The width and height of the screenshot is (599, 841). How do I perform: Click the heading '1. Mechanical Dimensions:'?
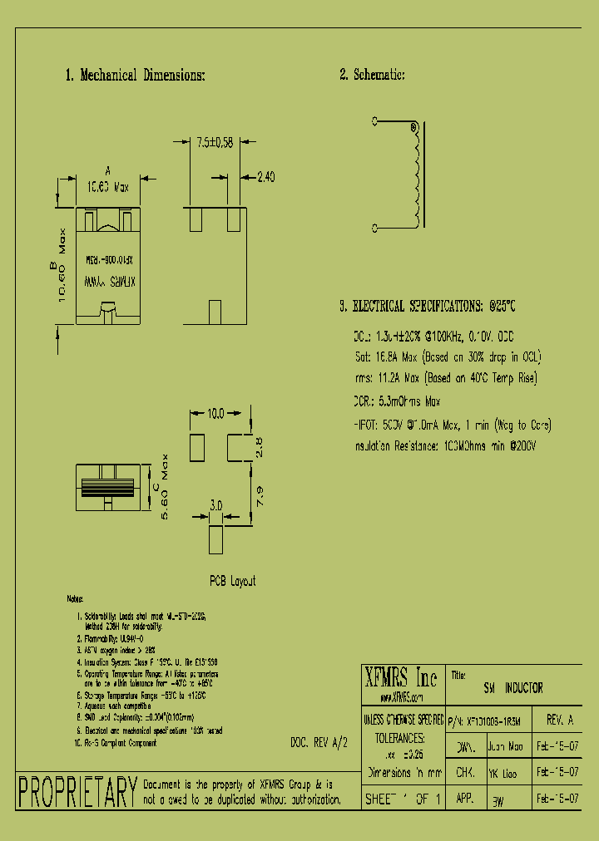point(135,76)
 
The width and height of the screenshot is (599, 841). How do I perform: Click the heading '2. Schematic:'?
point(372,76)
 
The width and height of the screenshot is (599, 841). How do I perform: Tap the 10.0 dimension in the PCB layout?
point(216,413)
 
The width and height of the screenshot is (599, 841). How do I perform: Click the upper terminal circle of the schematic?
point(374,121)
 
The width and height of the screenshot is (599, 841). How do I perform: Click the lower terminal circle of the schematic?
point(374,227)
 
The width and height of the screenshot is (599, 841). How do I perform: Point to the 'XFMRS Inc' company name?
point(403,677)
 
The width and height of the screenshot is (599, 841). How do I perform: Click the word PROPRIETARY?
point(77,792)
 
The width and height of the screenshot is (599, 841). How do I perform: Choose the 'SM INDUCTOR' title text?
point(513,688)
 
